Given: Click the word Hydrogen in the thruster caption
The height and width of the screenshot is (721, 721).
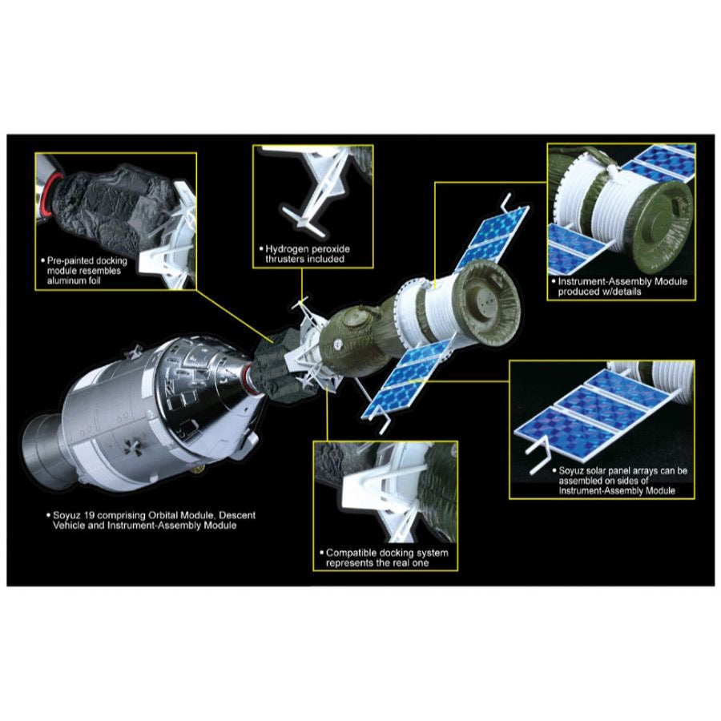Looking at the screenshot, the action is (x=284, y=249).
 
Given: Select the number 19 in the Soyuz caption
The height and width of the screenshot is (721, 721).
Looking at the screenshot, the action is (x=90, y=515).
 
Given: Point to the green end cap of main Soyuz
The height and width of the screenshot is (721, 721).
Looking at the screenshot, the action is (x=487, y=304).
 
